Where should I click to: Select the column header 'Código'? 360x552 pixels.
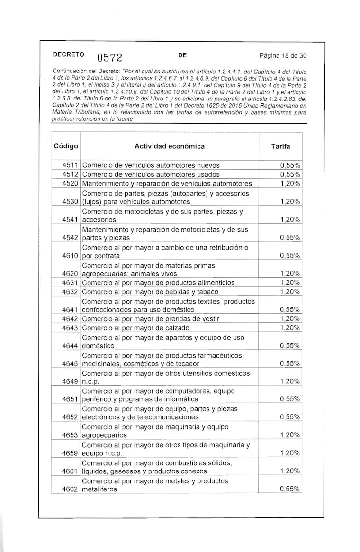pyautogui.click(x=66, y=146)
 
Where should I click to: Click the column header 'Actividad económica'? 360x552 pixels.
pyautogui.click(x=170, y=146)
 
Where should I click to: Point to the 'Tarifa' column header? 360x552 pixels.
pyautogui.click(x=280, y=146)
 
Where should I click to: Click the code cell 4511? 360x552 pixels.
pyautogui.click(x=70, y=166)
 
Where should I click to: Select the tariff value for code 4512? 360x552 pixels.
pyautogui.click(x=290, y=174)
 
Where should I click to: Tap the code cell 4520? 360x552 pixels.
pyautogui.click(x=70, y=183)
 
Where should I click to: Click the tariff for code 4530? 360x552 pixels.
pyautogui.click(x=290, y=202)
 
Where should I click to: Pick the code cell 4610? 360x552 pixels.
pyautogui.click(x=70, y=256)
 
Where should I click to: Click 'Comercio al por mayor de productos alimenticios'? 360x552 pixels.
pyautogui.click(x=158, y=283)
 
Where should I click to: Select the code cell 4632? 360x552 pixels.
pyautogui.click(x=70, y=292)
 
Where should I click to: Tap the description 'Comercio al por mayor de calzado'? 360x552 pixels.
pyautogui.click(x=136, y=328)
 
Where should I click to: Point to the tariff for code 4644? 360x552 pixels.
pyautogui.click(x=290, y=346)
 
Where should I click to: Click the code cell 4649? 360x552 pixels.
pyautogui.click(x=70, y=381)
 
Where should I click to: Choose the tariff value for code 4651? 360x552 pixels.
pyautogui.click(x=290, y=399)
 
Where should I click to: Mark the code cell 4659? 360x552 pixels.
pyautogui.click(x=70, y=453)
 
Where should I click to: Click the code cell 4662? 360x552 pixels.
pyautogui.click(x=70, y=489)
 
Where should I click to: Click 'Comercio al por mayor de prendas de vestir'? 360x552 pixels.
pyautogui.click(x=151, y=319)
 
